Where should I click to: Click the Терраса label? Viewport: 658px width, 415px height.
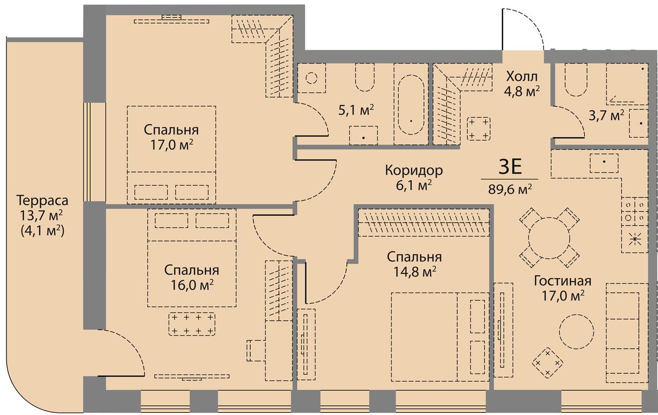tap(42, 200)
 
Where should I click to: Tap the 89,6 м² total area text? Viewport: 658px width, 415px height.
tap(510, 189)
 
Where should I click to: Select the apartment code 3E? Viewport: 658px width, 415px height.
tap(510, 167)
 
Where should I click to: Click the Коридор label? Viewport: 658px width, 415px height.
tap(414, 170)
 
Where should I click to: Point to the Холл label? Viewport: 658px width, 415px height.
tap(522, 76)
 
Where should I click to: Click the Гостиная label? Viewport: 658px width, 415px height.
tap(562, 280)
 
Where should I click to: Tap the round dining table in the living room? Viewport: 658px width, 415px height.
tap(549, 238)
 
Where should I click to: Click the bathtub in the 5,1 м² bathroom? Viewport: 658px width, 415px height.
tap(411, 105)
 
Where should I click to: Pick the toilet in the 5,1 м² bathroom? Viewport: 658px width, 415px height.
tap(365, 77)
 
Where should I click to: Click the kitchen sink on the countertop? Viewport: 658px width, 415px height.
tap(604, 163)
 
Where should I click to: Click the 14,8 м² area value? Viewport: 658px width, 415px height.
tap(414, 272)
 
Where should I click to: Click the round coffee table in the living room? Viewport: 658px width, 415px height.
tap(576, 332)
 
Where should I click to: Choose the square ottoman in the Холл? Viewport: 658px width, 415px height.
tap(479, 129)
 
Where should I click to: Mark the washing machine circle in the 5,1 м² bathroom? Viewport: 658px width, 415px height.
tap(311, 78)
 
